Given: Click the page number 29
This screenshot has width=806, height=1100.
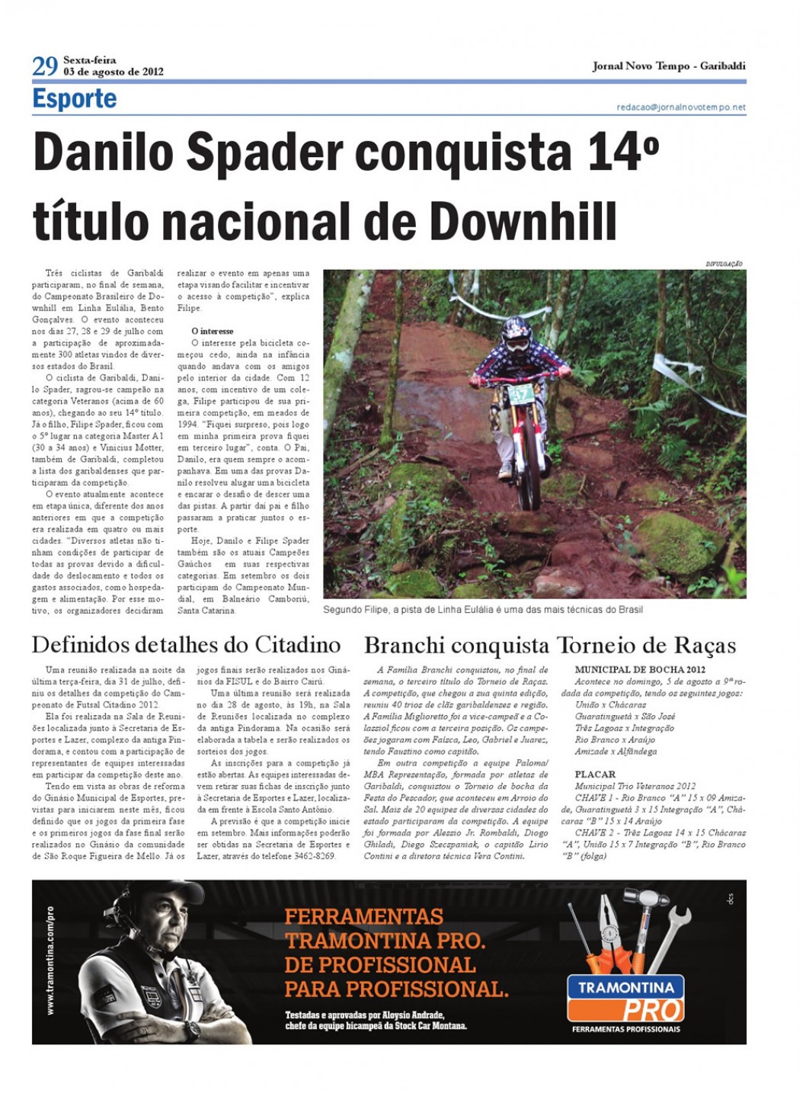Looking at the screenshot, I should [x=44, y=66].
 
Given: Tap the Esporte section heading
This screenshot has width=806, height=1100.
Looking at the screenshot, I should [x=75, y=98].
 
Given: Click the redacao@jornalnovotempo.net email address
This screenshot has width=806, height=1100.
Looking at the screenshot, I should [x=680, y=107].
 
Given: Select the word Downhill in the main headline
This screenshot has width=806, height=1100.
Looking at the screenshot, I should [x=523, y=221].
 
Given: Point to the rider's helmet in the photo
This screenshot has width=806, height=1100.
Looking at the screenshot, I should [x=518, y=335].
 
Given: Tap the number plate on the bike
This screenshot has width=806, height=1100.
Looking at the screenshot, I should [x=520, y=394].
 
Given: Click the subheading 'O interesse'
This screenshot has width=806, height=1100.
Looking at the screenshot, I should [x=213, y=331].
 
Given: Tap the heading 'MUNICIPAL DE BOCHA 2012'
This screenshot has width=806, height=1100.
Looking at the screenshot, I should [x=639, y=669].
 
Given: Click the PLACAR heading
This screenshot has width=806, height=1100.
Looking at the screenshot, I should [x=595, y=774].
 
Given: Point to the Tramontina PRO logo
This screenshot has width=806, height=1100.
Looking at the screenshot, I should [x=625, y=999].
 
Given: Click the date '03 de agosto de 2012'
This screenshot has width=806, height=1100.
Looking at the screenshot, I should [x=113, y=72].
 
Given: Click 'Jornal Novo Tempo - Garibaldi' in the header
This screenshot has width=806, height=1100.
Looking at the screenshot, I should [x=668, y=66].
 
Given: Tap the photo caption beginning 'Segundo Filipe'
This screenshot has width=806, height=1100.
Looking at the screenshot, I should [x=482, y=609].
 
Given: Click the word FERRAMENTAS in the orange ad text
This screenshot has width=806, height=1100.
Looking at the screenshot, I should [x=363, y=916].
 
